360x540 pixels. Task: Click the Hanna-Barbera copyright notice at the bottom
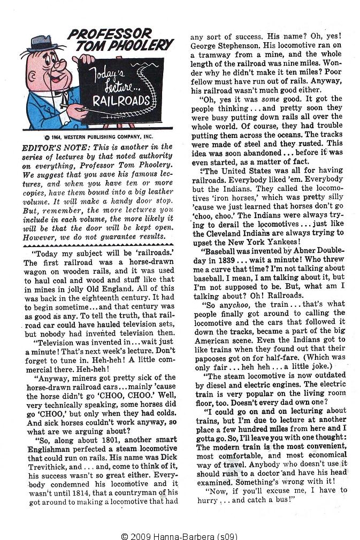pos(179,535)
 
